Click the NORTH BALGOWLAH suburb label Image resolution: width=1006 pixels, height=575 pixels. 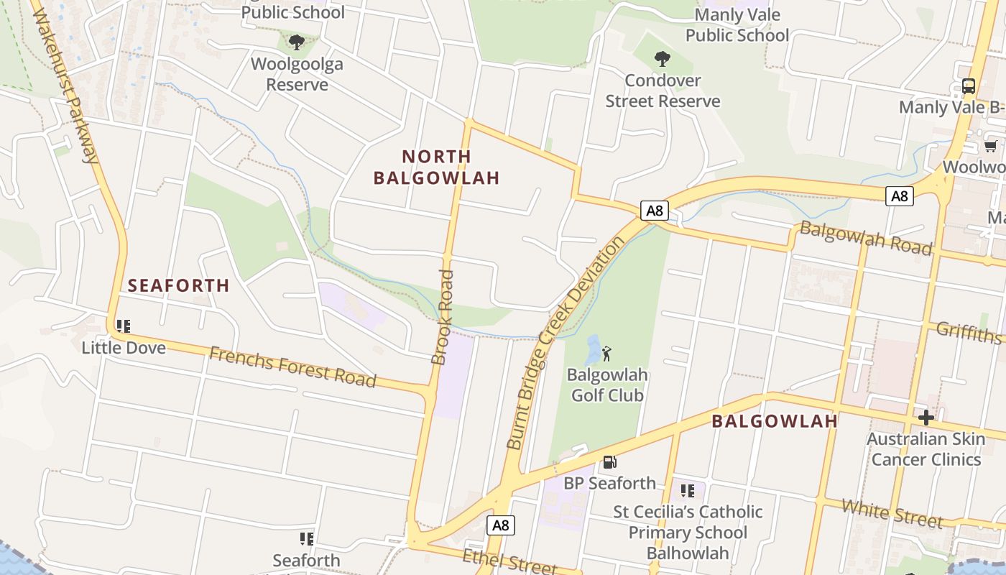coord(436,167)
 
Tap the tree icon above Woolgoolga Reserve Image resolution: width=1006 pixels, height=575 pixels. coord(296,42)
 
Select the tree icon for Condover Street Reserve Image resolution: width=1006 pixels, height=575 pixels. coord(663,59)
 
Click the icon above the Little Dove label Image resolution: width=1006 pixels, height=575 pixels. coord(124,326)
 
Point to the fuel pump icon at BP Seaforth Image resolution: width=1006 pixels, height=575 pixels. coord(609,462)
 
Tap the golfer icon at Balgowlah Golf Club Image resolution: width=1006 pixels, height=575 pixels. coord(607,353)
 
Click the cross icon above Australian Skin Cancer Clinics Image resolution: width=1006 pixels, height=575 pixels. coord(926,417)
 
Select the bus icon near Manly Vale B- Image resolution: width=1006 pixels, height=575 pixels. coord(969,86)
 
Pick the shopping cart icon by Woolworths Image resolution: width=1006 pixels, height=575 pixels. coord(991,146)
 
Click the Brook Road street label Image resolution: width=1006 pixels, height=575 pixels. coord(443,317)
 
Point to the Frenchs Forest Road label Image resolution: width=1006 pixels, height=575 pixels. coord(292,367)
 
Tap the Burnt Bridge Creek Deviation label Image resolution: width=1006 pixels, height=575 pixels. coord(566,343)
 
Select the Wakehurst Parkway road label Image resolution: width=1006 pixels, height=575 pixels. coord(65,86)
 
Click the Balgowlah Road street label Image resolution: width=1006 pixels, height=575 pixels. coord(866,238)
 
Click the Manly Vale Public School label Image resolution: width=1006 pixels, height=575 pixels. coord(737,25)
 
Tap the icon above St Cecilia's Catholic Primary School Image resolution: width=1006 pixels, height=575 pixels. coord(688,491)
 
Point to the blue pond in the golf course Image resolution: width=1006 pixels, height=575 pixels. coord(593,350)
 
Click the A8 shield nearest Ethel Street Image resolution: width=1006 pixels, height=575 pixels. coord(501,525)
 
